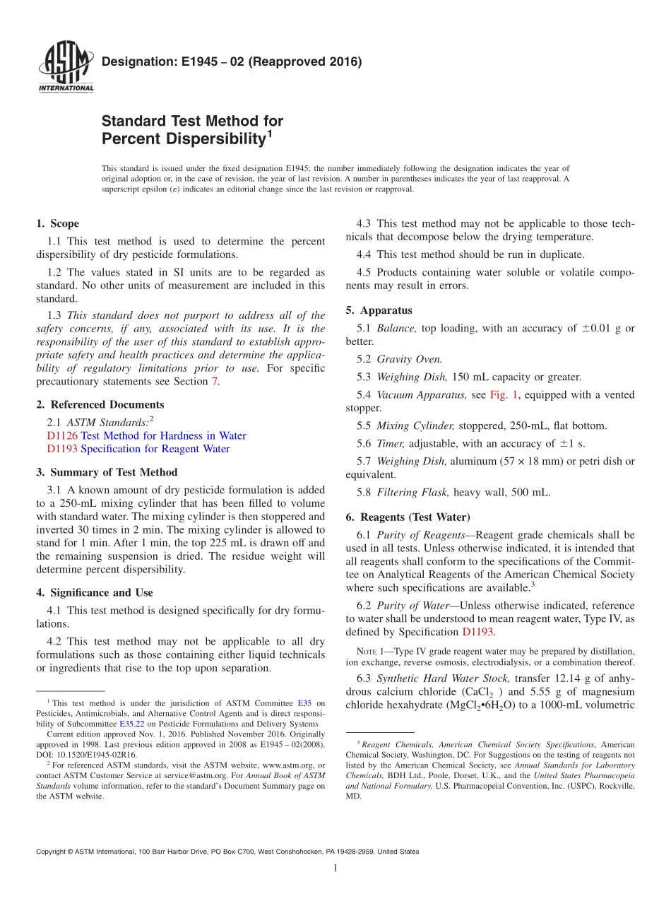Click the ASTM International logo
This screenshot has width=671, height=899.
(66, 67)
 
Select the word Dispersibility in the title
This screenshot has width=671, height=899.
(183, 139)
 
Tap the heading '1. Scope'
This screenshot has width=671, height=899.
(57, 224)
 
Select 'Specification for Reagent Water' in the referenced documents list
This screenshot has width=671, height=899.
(155, 449)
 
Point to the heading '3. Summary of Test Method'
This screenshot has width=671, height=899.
(107, 472)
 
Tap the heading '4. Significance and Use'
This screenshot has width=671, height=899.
(94, 593)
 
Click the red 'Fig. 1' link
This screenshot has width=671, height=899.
(502, 395)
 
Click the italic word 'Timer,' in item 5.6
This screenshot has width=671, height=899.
(391, 444)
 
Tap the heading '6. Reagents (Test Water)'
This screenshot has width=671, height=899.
(408, 517)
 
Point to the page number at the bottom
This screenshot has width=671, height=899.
(335, 869)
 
